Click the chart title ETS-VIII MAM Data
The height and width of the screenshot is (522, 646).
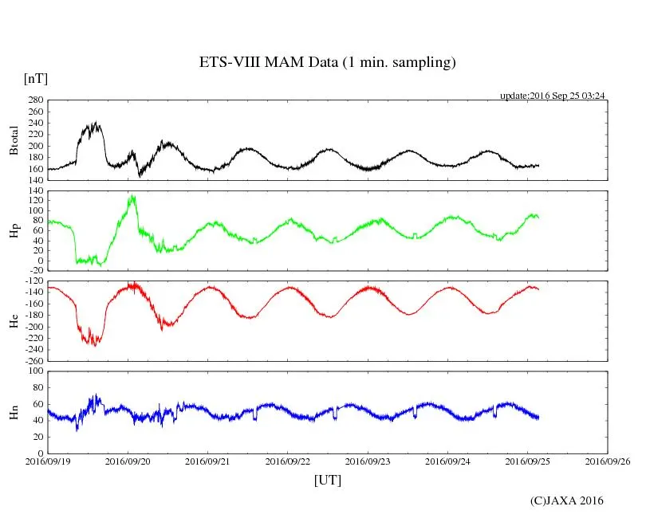327,63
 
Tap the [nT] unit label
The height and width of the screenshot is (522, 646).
35,79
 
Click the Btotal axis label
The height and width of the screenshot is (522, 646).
13,140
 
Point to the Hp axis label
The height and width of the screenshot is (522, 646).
13,231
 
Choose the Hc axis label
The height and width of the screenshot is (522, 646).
13,322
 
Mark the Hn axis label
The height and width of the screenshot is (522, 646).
13,412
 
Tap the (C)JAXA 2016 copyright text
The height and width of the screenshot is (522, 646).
566,500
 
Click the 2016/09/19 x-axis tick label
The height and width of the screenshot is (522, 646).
48,461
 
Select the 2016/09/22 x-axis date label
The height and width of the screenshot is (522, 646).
288,461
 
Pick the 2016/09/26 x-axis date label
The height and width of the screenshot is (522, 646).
608,461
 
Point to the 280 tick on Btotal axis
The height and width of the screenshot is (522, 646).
34,100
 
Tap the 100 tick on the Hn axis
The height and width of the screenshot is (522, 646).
34,371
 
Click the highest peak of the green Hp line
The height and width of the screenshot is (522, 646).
132,196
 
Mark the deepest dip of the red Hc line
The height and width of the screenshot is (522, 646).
95,345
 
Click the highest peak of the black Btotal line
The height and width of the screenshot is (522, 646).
96,123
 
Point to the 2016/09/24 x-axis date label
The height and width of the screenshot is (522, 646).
448,461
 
